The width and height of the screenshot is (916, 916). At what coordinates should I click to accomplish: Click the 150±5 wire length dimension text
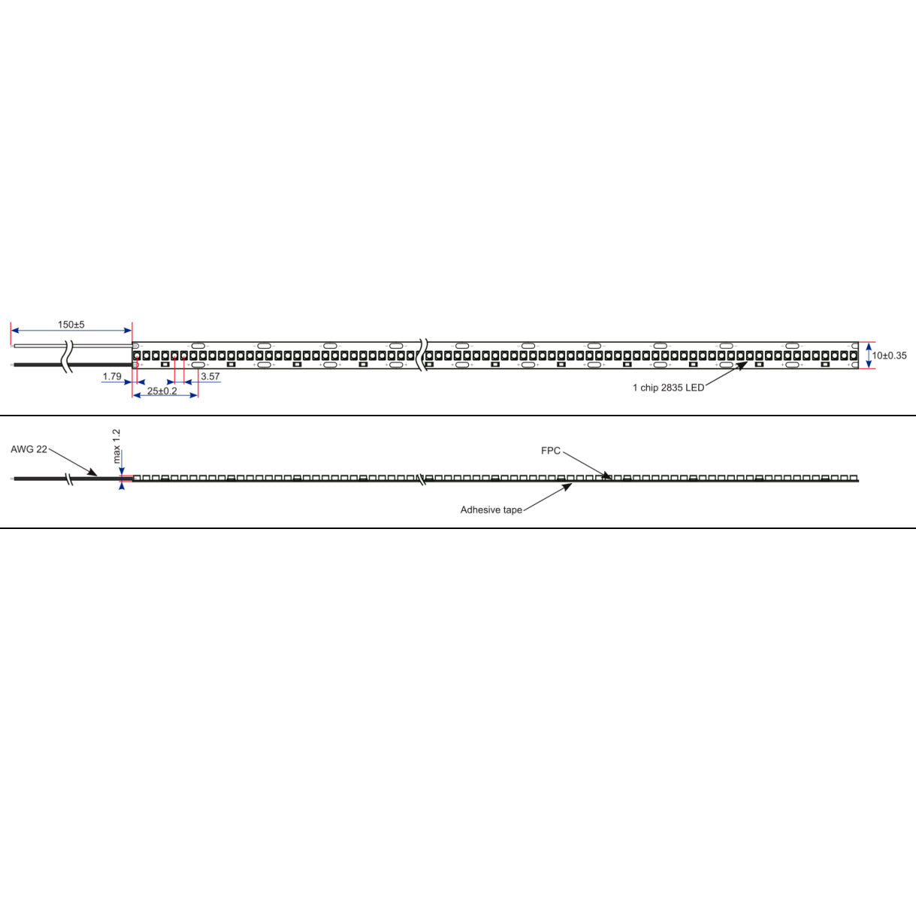pyautogui.click(x=71, y=325)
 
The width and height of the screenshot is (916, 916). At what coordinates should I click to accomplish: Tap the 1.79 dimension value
pyautogui.click(x=112, y=376)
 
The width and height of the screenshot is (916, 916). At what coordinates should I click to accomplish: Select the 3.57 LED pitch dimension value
pyautogui.click(x=210, y=376)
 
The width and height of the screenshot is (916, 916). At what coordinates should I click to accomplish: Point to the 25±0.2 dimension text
pyautogui.click(x=162, y=391)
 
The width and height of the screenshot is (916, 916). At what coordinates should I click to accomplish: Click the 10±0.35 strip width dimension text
pyautogui.click(x=889, y=355)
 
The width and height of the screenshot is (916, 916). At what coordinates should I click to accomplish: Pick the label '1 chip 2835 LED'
pyautogui.click(x=668, y=388)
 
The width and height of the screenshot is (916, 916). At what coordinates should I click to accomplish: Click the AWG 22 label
pyautogui.click(x=29, y=449)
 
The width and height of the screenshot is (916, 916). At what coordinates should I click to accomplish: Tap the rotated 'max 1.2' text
pyautogui.click(x=116, y=446)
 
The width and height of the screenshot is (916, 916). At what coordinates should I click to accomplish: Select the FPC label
pyautogui.click(x=551, y=451)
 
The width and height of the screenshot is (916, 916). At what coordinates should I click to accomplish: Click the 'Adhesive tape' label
pyautogui.click(x=491, y=510)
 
